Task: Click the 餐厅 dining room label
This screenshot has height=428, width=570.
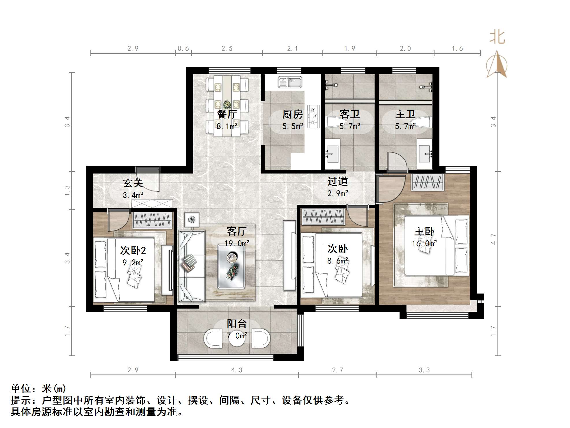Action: [227, 114]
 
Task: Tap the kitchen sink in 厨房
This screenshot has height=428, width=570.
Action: [290, 82]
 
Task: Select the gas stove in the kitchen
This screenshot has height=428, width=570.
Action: [313, 116]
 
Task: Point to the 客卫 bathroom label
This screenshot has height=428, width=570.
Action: [350, 115]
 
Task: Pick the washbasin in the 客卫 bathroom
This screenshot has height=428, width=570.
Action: [333, 153]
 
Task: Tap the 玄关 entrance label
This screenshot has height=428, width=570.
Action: [133, 183]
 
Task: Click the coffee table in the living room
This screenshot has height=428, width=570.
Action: [231, 267]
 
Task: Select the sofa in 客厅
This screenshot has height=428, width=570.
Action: [192, 266]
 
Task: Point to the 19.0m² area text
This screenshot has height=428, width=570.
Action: [237, 243]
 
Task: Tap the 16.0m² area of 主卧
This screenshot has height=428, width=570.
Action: [424, 243]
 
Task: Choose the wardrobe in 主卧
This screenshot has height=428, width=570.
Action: [428, 182]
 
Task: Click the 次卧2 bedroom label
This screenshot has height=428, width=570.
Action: [133, 250]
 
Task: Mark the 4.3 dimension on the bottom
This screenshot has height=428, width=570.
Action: [237, 370]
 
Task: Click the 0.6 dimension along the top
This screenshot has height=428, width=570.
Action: [183, 48]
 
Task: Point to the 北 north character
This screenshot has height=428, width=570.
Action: [497, 37]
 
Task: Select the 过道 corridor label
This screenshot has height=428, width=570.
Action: [337, 181]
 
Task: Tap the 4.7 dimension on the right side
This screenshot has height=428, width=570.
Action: [493, 239]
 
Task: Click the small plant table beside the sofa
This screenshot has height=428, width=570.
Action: [192, 219]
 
